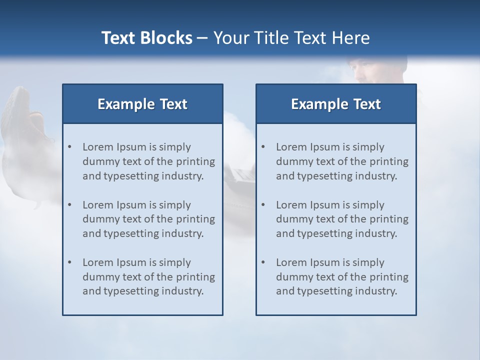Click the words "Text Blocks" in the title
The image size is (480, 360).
pos(146,38)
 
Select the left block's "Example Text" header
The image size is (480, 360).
pos(142,104)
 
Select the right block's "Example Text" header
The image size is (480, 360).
pos(336,104)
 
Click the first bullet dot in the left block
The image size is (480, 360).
pos(69,147)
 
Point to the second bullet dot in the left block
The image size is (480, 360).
pos(69,205)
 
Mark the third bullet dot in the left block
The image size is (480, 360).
pos(69,262)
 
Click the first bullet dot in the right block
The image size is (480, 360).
pos(263,147)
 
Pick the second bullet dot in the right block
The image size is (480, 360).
pos(263,205)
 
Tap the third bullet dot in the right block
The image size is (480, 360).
pos(263,262)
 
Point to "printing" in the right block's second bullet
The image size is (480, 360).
pos(389,219)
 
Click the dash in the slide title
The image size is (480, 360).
pos(202,38)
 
